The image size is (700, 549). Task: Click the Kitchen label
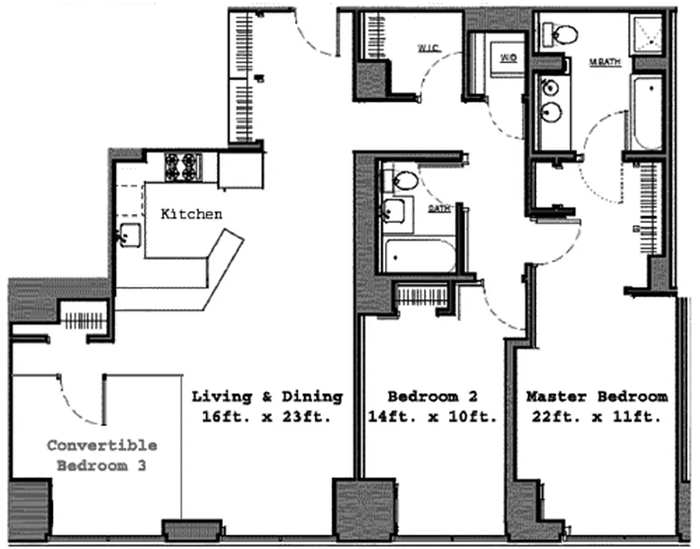point(191,214)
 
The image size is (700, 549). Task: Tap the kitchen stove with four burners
point(183,166)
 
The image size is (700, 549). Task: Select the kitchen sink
point(129,235)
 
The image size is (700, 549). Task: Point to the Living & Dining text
point(267,396)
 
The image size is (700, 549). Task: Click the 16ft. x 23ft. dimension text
point(267,417)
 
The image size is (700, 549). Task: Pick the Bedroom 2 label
point(432,396)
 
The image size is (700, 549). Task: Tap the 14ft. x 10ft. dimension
point(432,417)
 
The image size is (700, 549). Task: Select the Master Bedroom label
point(596,396)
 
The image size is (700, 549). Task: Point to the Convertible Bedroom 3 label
point(102,455)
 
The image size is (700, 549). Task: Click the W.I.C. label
point(428,48)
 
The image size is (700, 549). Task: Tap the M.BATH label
point(605,62)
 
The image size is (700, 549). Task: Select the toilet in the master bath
point(561,34)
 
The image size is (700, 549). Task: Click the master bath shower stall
point(647,33)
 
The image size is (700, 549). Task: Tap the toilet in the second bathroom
point(404,180)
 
